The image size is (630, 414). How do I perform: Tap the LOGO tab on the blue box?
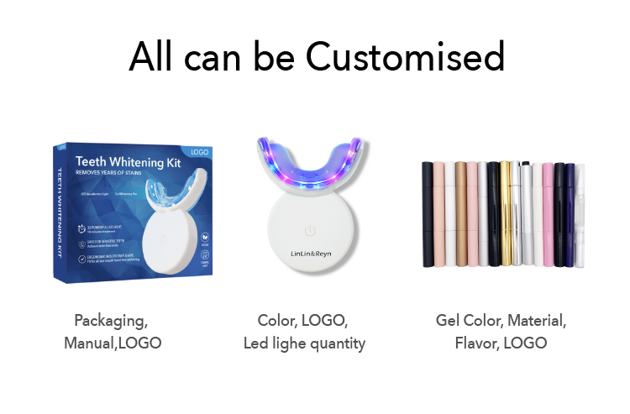pyautogui.click(x=199, y=152)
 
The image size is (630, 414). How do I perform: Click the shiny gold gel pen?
pyautogui.click(x=505, y=213)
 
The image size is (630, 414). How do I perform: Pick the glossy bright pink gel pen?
pyautogui.click(x=548, y=213)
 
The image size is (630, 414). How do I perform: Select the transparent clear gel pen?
pyautogui.click(x=580, y=213)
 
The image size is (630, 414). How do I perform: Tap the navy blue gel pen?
pyautogui.click(x=570, y=213)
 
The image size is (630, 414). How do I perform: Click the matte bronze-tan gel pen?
pyautogui.click(x=460, y=213)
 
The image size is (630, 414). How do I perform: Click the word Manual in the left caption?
pyautogui.click(x=87, y=343)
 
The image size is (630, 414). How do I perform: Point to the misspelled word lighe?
pyautogui.click(x=296, y=343)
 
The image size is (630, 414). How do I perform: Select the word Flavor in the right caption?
pyautogui.click(x=479, y=343)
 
